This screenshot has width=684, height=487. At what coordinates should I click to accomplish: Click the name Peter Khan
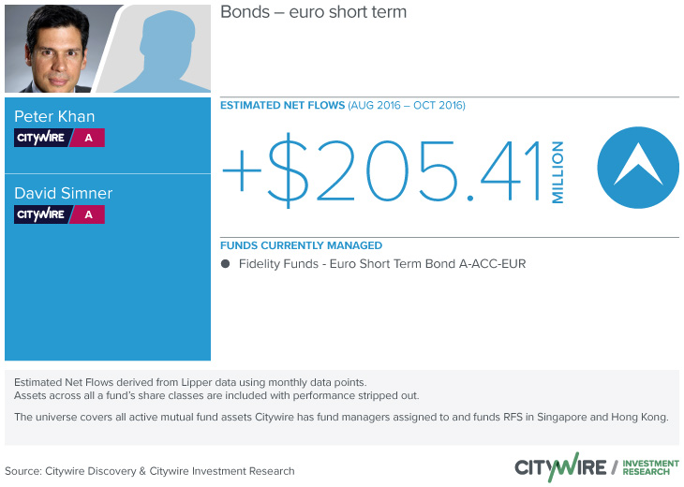click(x=54, y=116)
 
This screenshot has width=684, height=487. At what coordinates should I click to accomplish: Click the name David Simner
click(x=64, y=193)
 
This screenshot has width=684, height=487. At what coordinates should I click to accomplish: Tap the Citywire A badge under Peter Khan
click(x=59, y=138)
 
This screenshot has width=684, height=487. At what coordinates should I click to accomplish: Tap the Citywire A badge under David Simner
click(x=59, y=214)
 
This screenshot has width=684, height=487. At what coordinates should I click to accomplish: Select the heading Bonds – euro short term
click(x=313, y=12)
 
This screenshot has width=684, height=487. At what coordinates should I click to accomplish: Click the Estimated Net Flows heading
click(x=282, y=106)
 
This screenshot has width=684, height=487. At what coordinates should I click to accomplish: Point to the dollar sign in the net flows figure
click(x=288, y=170)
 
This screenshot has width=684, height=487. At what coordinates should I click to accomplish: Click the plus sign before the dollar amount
click(x=242, y=170)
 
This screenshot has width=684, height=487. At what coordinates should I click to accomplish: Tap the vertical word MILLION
click(x=558, y=171)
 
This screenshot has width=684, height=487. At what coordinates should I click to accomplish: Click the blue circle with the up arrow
click(x=638, y=168)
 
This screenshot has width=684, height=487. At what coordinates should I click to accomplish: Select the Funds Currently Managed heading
click(x=301, y=245)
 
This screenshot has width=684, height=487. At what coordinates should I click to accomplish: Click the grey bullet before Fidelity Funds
click(x=225, y=264)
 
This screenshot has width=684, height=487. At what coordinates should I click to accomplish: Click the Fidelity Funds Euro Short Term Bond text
click(x=382, y=264)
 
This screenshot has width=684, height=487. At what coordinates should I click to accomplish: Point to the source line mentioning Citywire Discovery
click(x=150, y=471)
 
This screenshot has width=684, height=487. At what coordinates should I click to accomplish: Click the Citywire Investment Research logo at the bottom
click(x=597, y=467)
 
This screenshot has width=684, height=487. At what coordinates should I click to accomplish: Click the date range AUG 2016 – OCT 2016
click(x=407, y=106)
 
